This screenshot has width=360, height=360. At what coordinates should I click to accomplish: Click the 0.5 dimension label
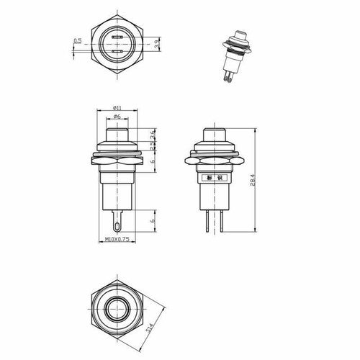click(77, 41)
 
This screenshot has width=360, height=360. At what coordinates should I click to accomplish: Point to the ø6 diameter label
click(116, 117)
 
